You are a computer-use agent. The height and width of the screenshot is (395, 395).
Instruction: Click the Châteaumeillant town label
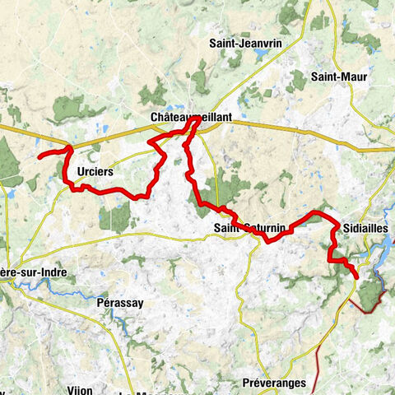[192, 118]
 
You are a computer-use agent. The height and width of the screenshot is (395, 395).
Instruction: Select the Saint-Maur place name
[339, 77]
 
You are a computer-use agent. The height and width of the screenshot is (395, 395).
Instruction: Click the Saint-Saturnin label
[249, 227]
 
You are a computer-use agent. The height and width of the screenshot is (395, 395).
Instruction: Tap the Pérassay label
[118, 303]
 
